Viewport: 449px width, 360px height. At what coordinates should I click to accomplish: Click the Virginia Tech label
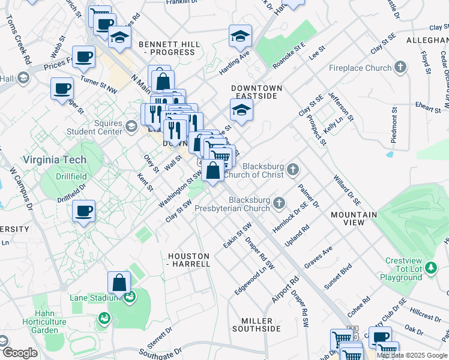[x=54, y=160]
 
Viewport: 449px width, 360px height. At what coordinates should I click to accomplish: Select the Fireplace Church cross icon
[x=402, y=68]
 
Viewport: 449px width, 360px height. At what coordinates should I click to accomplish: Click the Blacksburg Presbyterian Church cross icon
[x=279, y=203]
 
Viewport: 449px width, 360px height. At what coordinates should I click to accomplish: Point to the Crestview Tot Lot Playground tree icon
[x=429, y=267]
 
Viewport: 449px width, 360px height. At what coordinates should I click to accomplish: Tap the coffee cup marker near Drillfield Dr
[x=84, y=211]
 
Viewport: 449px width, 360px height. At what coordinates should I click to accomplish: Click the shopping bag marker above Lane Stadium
[x=119, y=282]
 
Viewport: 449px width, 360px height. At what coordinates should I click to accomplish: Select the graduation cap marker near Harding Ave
[x=240, y=35]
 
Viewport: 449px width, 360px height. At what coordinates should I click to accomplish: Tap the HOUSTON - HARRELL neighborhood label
[x=188, y=260]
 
